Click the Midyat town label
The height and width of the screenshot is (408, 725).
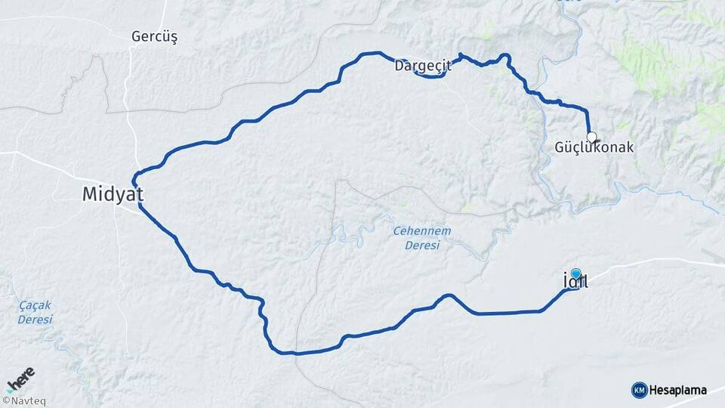(x=113, y=195)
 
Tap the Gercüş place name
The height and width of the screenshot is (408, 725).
(x=154, y=37)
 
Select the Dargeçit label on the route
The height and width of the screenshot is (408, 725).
(x=422, y=66)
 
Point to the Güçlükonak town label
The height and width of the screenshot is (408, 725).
(x=594, y=148)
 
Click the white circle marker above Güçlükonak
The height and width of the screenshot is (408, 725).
(x=592, y=138)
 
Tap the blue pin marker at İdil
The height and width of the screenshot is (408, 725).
(x=576, y=274)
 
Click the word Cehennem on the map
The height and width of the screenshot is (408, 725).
(x=421, y=230)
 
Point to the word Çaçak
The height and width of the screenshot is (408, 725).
(x=35, y=305)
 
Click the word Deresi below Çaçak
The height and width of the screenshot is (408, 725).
(x=35, y=319)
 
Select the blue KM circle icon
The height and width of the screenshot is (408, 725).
(x=639, y=390)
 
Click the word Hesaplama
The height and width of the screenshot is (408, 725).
(x=677, y=390)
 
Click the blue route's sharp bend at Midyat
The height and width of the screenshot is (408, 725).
(x=134, y=181)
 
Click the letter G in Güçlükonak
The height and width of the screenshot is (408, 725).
(x=560, y=148)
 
